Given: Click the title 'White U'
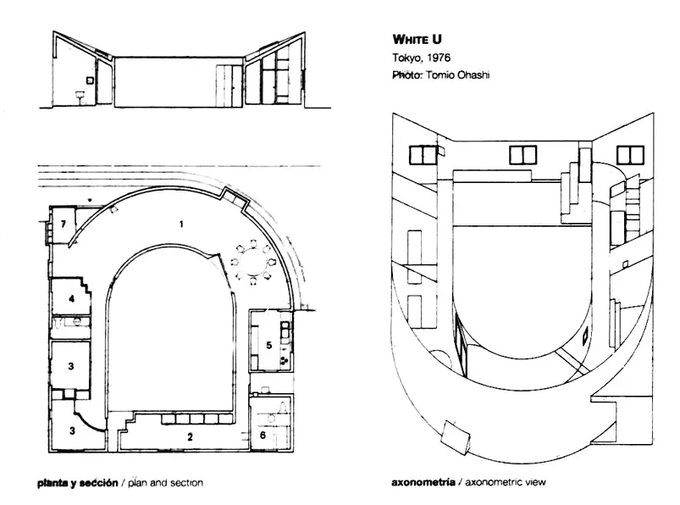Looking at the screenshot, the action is click(x=417, y=40).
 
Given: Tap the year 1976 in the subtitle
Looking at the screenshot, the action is click(x=438, y=58).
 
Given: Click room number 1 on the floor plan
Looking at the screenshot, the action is click(x=181, y=224).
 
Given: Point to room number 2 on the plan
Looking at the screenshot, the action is click(x=190, y=437).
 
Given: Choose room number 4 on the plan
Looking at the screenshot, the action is click(x=71, y=298).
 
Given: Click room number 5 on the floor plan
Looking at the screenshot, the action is click(x=269, y=346).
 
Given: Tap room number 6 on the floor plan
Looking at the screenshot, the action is click(x=263, y=435).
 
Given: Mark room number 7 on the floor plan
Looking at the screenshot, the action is click(x=64, y=224).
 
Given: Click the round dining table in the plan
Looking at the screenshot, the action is click(x=254, y=263).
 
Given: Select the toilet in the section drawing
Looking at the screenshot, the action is click(x=80, y=97).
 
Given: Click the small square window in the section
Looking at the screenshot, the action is click(x=90, y=80).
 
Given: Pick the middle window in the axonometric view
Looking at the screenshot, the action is click(x=522, y=155).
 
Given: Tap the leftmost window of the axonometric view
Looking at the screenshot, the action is click(x=423, y=155).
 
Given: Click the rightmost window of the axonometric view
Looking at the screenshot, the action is click(x=630, y=155).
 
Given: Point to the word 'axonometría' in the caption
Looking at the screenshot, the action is click(x=423, y=482).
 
